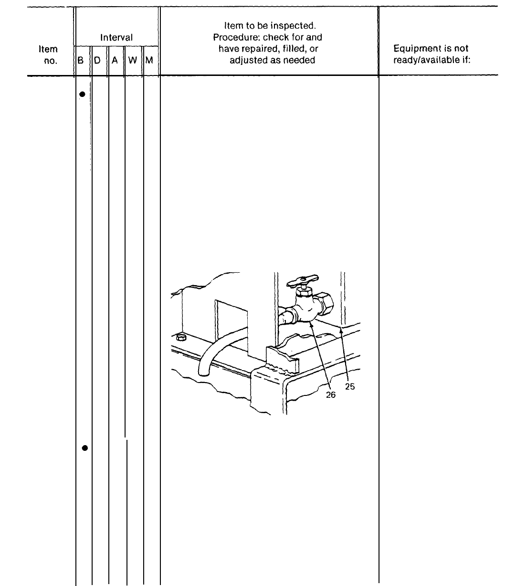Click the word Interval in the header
pos(116,37)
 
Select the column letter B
pos(81,61)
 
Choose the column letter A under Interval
pos(115,61)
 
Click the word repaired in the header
pos(258,49)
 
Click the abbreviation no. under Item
pos(51,61)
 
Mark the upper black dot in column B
pos(82,94)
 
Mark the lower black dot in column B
pos(84,447)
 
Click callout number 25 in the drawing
pos(350,387)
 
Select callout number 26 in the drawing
pos(331,395)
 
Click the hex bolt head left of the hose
pos(181,338)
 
